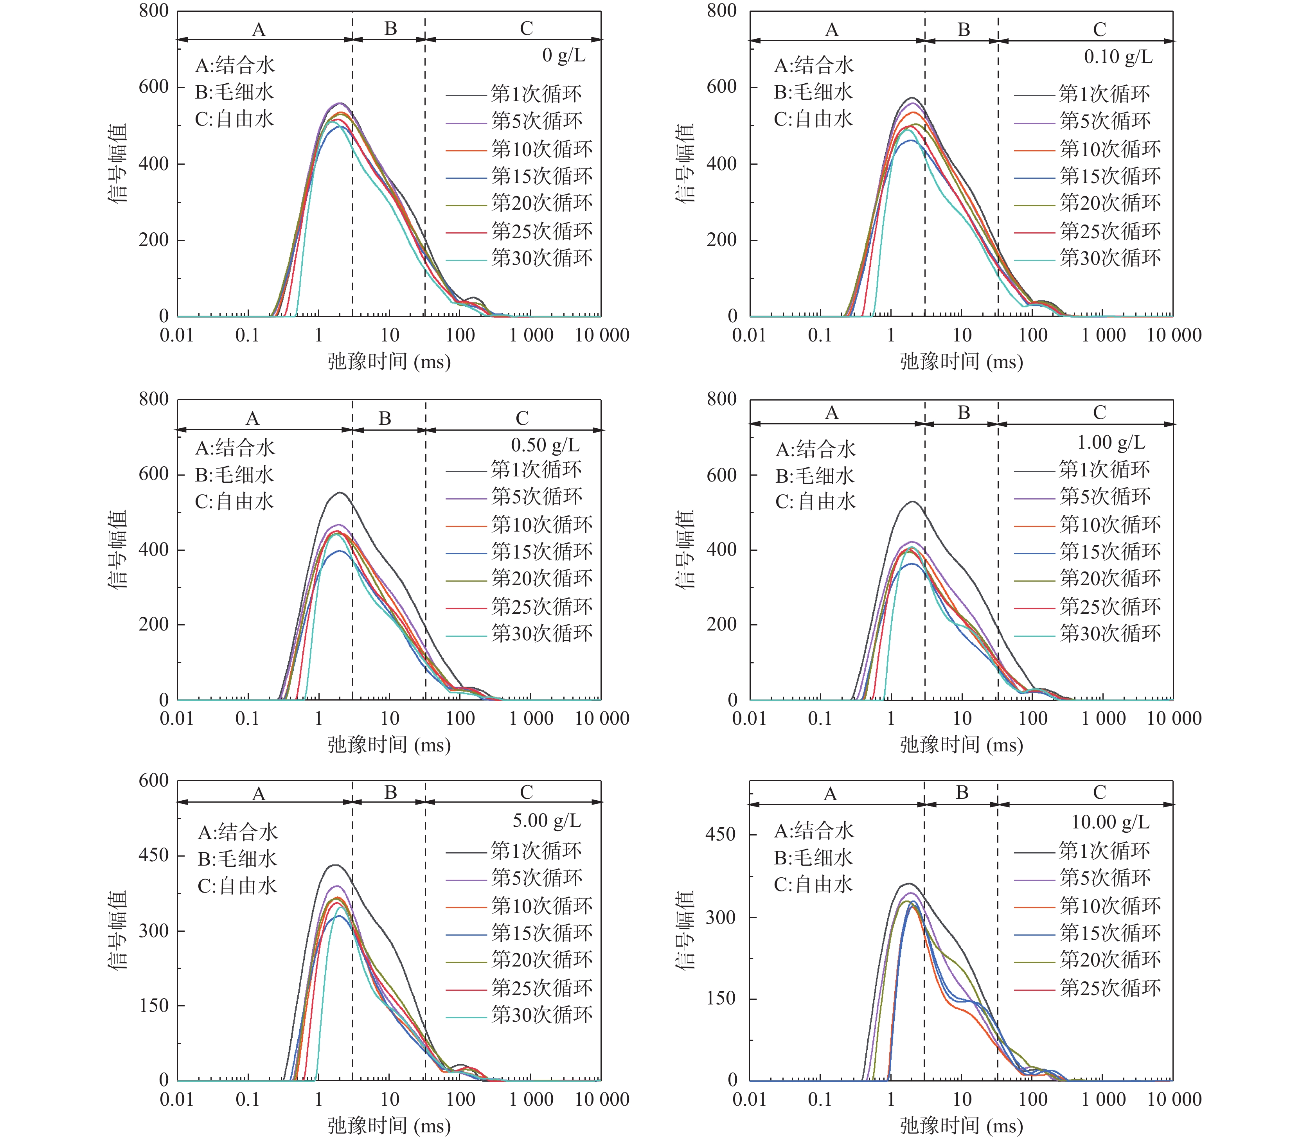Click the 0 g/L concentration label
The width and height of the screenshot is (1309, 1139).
coord(563,56)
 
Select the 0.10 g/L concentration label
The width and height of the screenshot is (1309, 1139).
coord(1118,57)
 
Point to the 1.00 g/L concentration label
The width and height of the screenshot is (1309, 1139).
coord(1111,442)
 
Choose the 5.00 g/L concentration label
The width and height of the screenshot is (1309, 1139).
coord(547,821)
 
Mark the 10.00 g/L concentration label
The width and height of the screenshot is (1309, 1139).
coord(1110,823)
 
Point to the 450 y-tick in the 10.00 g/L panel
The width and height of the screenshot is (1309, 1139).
coord(720,834)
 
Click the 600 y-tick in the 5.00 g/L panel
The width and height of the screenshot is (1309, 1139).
coord(154,781)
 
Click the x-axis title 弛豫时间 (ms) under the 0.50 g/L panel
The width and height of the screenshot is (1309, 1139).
coord(389,745)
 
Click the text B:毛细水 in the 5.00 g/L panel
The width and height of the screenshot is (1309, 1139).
coord(237,859)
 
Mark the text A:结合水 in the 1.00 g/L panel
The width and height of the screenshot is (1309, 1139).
coord(816,450)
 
